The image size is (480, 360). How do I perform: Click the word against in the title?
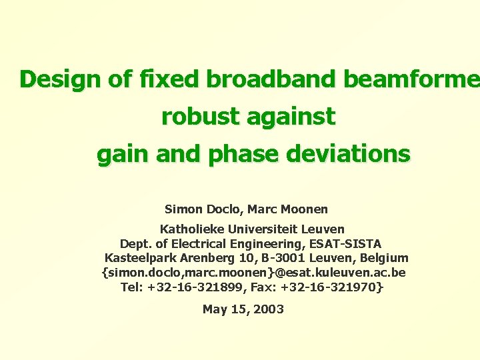coord(291,117)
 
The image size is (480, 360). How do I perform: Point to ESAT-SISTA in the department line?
coord(347,244)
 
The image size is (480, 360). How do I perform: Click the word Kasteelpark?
coord(141,258)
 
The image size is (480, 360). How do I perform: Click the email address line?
coord(253,273)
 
